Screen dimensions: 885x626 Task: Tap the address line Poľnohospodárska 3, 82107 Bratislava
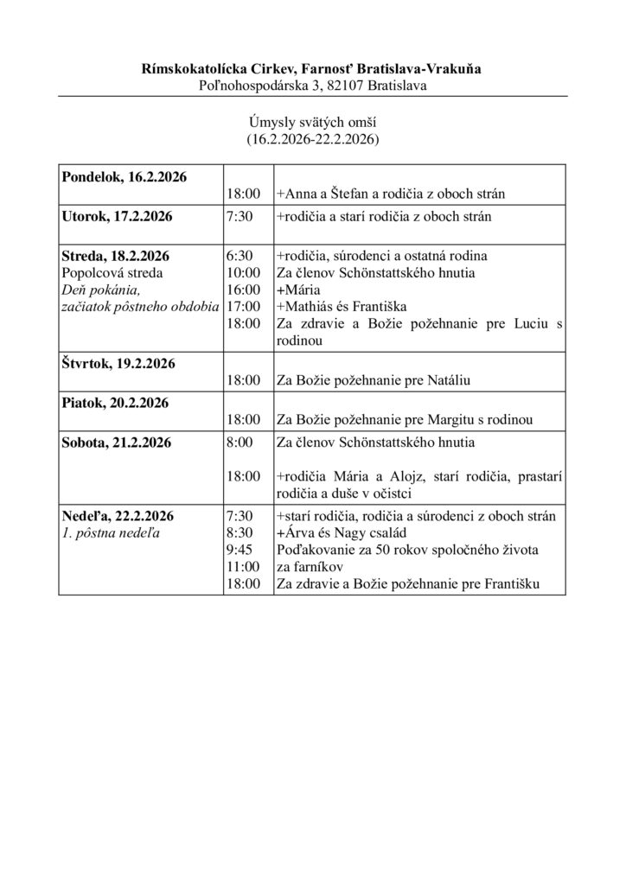tap(313, 85)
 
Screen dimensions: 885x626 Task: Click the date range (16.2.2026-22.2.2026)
tap(313, 138)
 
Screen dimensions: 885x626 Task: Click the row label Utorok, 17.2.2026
tap(117, 216)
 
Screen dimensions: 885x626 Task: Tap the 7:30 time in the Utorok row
tap(238, 216)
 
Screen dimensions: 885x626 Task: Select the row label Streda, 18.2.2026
tap(115, 256)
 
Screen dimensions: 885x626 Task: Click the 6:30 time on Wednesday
tap(238, 256)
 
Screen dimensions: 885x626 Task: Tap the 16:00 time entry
tap(241, 289)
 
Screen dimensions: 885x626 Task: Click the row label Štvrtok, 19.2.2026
tap(118, 363)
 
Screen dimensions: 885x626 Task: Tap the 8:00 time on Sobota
tap(238, 442)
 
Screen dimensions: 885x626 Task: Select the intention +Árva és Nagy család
tap(342, 533)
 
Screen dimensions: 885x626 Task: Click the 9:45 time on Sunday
tap(238, 550)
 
